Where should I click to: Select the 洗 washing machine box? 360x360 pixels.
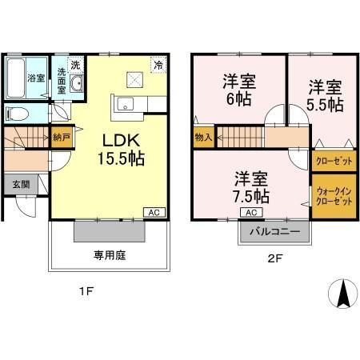74,64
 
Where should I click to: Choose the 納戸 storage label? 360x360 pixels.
62,138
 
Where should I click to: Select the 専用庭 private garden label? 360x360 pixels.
110,256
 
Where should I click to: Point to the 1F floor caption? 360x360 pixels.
87,292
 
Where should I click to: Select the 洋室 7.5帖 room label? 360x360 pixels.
250,186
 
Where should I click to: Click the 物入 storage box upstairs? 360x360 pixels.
203,138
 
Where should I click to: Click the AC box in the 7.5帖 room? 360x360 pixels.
250,212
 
